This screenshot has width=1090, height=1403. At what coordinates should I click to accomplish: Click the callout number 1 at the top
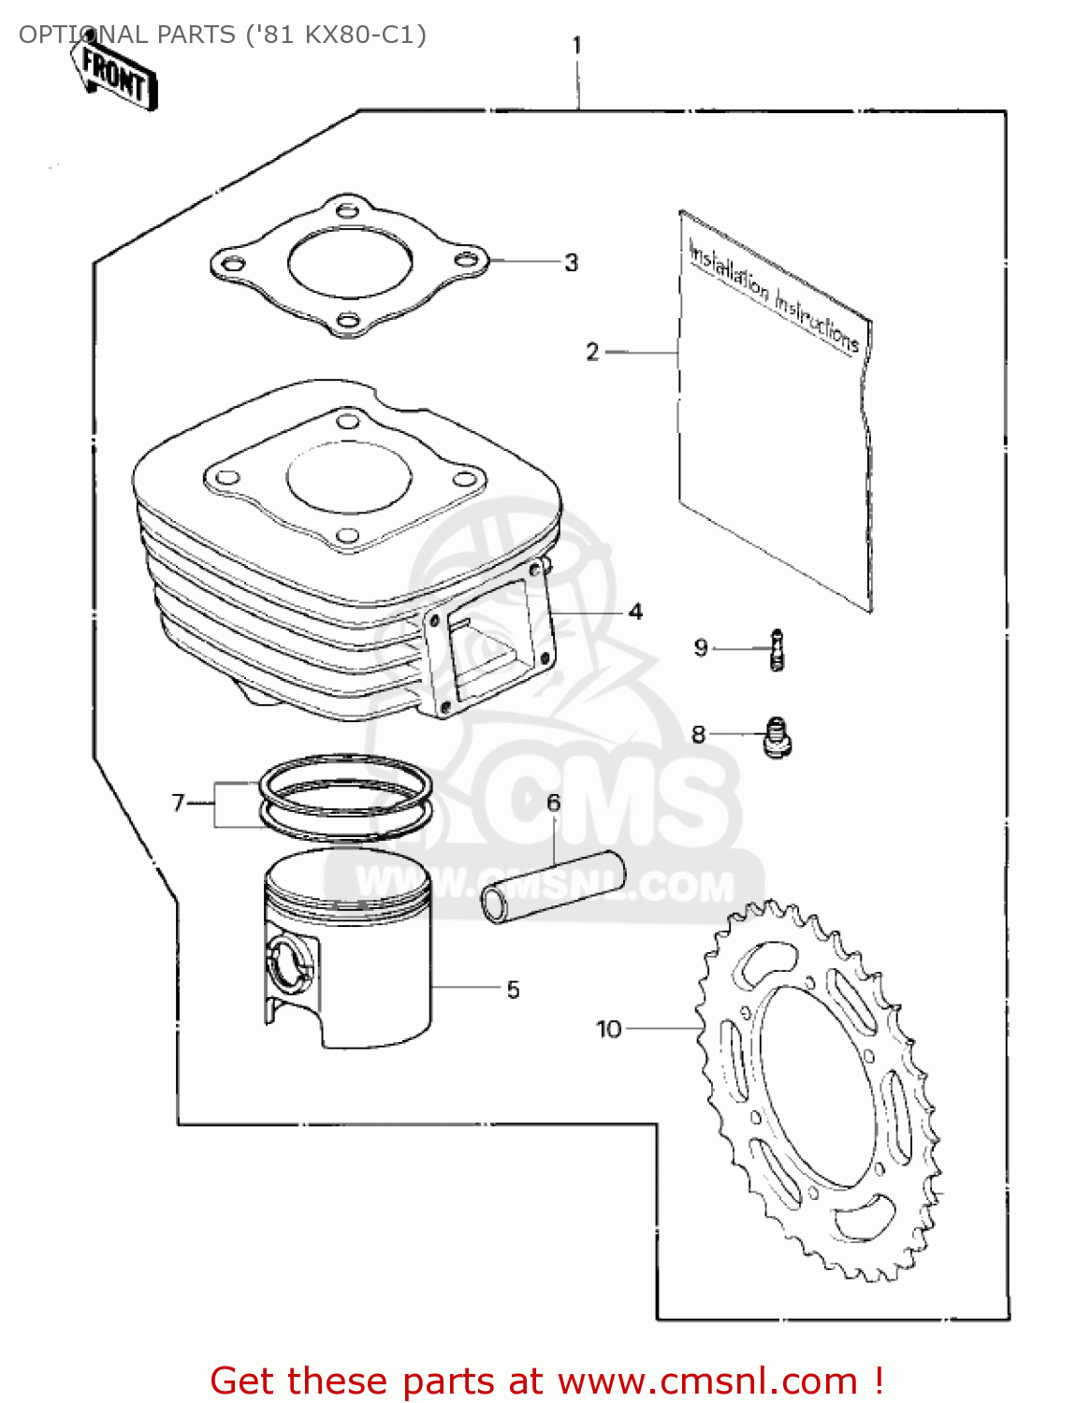pos(577,45)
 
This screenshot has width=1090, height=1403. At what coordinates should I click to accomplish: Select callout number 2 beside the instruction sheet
pos(592,352)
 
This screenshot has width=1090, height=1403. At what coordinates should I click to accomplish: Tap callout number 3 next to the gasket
pos(571,263)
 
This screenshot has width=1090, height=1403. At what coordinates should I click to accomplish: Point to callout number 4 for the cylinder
pos(635,612)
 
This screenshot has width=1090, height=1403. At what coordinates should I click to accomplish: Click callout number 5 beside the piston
pos(513,990)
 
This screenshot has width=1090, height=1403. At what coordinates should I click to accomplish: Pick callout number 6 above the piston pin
pos(554,803)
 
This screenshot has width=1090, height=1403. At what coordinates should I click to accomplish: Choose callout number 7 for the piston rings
pos(179,803)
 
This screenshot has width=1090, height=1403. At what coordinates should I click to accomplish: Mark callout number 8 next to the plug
pos(698,734)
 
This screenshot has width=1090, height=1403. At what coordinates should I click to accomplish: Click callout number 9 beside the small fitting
pos(701,647)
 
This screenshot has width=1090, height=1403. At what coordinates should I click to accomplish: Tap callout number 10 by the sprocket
pos(609,1029)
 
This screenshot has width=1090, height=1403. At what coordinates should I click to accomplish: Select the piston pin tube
pos(552,885)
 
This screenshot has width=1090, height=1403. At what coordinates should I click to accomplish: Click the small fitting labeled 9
pos(776,649)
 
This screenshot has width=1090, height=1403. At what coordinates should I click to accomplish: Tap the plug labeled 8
pos(777,736)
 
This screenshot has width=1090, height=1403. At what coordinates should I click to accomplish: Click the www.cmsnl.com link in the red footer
pos(707,1381)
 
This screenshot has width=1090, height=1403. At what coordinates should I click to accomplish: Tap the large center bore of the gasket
pos(349,261)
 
